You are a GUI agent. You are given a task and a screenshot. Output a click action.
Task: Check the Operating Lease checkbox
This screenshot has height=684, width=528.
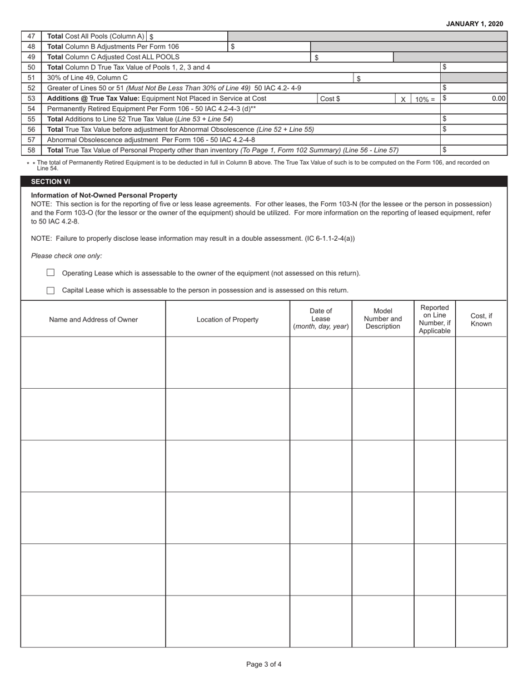pos(51,272)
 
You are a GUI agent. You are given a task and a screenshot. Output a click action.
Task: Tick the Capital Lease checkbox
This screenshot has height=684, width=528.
pos(51,290)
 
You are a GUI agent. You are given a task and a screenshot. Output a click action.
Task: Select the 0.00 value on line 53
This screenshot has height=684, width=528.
pos(498,98)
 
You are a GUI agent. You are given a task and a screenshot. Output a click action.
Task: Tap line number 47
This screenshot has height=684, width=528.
pos(31,36)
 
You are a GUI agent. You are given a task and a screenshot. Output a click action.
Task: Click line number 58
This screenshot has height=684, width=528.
pos(31,150)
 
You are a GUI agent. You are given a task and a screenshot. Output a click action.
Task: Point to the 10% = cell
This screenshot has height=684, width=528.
pos(425,99)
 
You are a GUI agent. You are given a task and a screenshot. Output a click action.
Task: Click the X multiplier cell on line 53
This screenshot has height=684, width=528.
pos(403,99)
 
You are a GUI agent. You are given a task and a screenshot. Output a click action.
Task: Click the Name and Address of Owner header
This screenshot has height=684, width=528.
pos(93,319)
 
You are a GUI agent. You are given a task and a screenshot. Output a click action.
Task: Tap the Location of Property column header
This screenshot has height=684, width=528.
pos(227,319)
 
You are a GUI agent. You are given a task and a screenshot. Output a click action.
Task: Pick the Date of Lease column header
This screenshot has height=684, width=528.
pos(321,319)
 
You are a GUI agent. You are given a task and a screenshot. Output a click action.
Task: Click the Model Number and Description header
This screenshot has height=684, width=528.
pos(382,319)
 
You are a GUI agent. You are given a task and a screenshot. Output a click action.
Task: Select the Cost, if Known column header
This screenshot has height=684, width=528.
pos(481,319)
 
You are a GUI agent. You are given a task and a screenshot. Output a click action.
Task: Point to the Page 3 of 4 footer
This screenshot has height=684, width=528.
pos(264,664)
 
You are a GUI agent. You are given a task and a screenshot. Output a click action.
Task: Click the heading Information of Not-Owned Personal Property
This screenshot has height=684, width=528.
pos(104,195)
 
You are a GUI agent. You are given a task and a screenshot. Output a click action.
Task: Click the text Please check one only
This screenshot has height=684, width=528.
pos(67,256)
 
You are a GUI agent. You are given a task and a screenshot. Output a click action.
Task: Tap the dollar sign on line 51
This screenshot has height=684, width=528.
pos(359,78)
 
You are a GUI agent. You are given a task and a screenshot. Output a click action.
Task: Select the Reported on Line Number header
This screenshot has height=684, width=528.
pos(435,319)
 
